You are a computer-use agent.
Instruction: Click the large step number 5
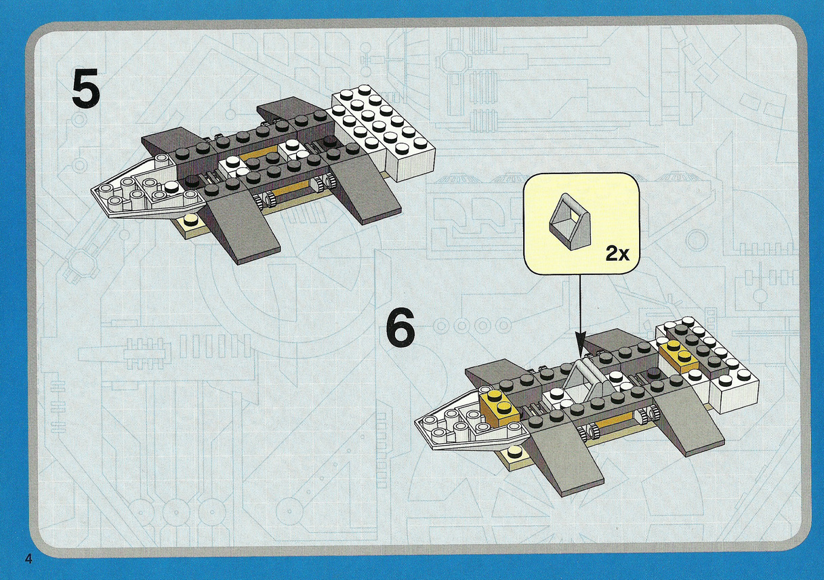click(x=86, y=89)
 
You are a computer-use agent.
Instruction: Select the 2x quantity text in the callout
click(x=617, y=254)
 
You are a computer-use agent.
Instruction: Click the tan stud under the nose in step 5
click(x=190, y=222)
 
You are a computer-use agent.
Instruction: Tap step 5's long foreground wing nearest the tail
click(x=363, y=192)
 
